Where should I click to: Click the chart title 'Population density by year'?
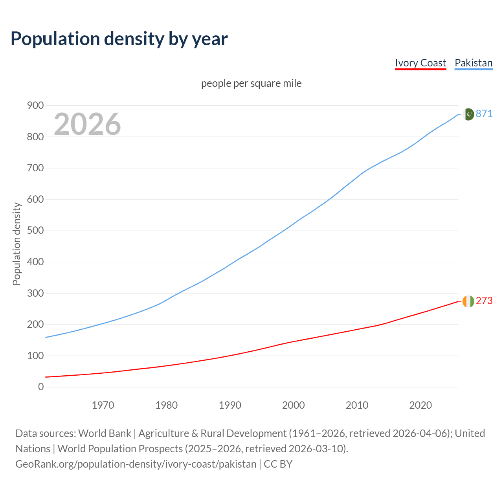tap(119, 39)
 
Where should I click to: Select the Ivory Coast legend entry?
tap(420, 63)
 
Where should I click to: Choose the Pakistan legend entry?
tap(473, 63)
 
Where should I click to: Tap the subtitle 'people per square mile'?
tap(251, 83)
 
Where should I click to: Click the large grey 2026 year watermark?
tap(87, 124)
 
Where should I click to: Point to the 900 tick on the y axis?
tap(35, 105)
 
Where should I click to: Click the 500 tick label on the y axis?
tap(35, 230)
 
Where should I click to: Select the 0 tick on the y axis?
tap(41, 387)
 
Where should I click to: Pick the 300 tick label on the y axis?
tap(35, 293)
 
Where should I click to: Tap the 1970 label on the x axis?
tap(103, 405)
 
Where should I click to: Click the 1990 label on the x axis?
tap(230, 405)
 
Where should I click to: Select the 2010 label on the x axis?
tap(357, 405)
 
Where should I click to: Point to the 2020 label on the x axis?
tap(420, 405)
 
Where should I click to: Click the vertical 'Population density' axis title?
tap(17, 244)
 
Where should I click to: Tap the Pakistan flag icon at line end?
tap(468, 114)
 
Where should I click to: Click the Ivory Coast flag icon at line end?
tap(468, 301)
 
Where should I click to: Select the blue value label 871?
tap(484, 114)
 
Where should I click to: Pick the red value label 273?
tap(484, 301)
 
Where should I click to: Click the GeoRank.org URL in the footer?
tap(136, 464)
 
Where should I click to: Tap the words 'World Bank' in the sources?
tap(105, 433)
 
